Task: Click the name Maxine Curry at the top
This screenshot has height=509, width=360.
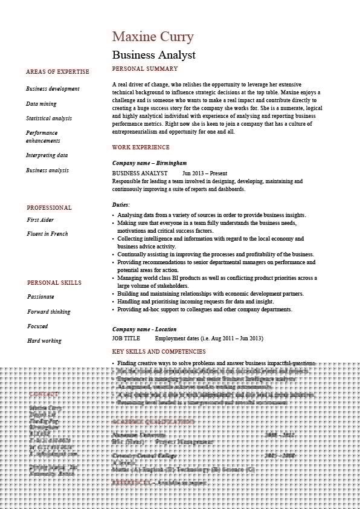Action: [x=153, y=37]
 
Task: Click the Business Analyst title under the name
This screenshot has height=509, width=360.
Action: [x=153, y=54]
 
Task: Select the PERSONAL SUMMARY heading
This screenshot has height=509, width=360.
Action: [x=145, y=69]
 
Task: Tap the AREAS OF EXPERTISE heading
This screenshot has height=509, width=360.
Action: [x=57, y=72]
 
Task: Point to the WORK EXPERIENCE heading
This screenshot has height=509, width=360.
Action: [x=141, y=148]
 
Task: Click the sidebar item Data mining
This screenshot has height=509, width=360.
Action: [x=41, y=104]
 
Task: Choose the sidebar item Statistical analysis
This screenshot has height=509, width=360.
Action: [x=48, y=118]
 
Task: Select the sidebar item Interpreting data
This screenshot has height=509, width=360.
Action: [x=47, y=155]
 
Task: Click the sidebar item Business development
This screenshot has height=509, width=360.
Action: [x=53, y=89]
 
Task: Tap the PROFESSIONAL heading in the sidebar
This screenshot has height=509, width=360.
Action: [x=49, y=208]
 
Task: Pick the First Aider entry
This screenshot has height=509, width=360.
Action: [x=40, y=220]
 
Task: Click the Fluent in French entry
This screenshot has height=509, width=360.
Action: [x=47, y=234]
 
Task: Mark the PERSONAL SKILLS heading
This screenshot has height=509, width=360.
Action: [x=54, y=283]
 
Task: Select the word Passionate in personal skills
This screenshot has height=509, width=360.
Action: [x=40, y=297]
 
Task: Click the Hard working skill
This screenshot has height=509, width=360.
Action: [x=44, y=341]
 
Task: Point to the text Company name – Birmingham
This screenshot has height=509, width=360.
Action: [x=149, y=163]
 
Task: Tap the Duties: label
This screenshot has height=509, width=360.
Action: [x=121, y=205]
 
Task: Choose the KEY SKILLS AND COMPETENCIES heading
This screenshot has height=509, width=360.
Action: [x=159, y=352]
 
